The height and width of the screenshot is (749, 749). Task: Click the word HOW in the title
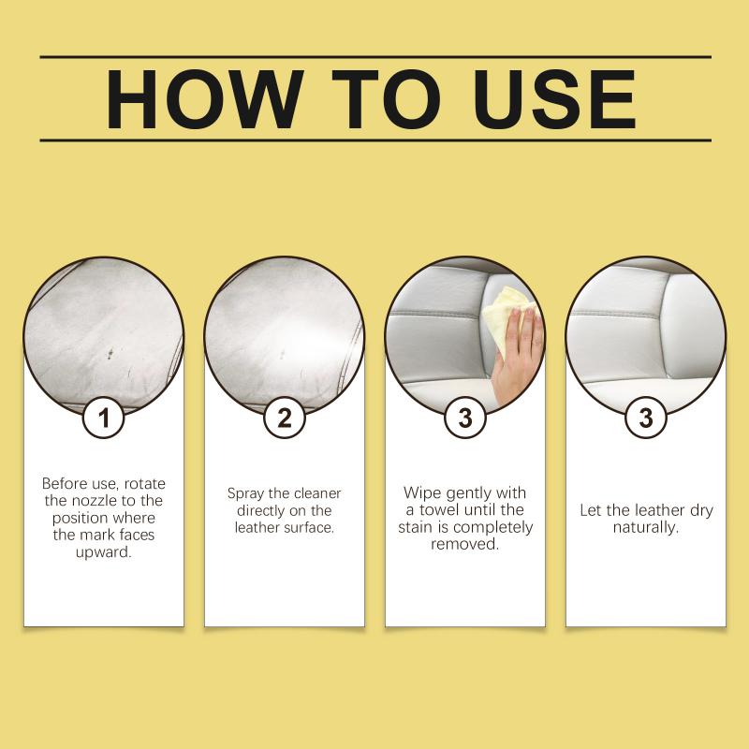(204, 99)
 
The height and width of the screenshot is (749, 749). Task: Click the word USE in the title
(554, 99)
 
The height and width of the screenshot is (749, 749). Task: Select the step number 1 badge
(104, 418)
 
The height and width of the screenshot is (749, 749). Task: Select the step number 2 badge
(285, 418)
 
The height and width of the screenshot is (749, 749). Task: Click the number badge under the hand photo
(465, 418)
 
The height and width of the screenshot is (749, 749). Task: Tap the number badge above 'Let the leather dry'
(646, 418)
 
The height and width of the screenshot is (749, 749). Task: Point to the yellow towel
(506, 316)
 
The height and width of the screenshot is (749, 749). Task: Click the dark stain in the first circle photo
(110, 354)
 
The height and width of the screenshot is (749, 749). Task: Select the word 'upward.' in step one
(104, 552)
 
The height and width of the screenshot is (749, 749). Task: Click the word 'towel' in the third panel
(440, 509)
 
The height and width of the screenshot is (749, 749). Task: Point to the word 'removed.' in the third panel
(465, 544)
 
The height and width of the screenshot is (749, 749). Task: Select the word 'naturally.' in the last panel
(646, 527)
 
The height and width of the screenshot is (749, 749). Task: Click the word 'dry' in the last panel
(701, 510)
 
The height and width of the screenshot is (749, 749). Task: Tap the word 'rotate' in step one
(145, 483)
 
